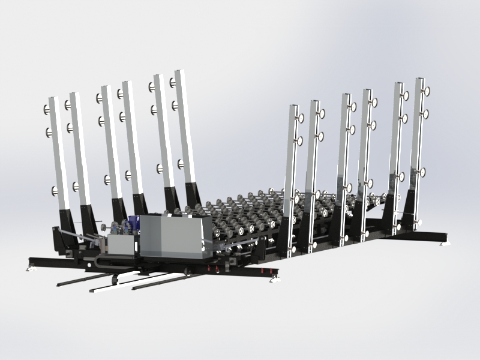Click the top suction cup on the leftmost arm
pos(47,109)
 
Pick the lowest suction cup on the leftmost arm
pos(55,192)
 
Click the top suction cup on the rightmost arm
pos(427,91)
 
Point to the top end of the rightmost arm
pos(419,80)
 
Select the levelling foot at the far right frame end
pos(445,242)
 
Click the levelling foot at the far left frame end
pos(29,268)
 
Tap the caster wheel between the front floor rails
pos(113,279)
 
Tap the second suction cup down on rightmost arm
pos(427,114)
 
